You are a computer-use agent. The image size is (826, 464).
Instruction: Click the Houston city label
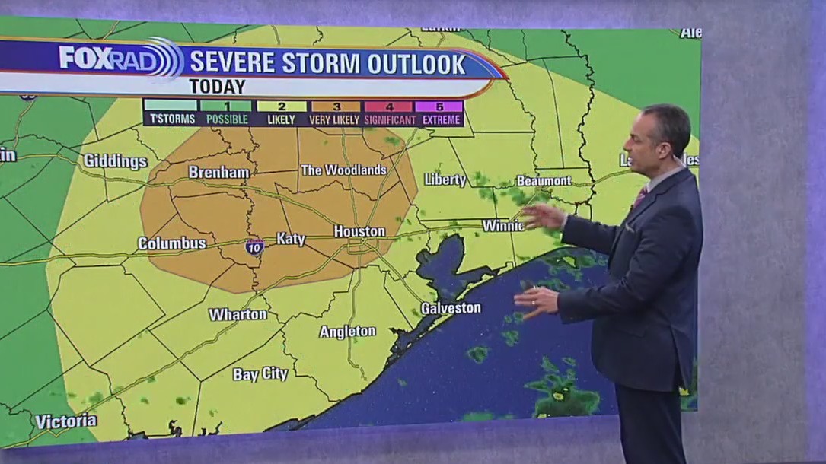[359, 231]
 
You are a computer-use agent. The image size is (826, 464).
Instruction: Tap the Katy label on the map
[290, 239]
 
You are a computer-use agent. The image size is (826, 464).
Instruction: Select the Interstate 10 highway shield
[255, 246]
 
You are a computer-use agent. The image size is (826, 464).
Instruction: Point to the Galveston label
[451, 308]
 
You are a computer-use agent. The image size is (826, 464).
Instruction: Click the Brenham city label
[219, 173]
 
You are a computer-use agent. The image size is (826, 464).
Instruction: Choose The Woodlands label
[343, 170]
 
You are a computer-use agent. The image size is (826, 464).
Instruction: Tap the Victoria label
[65, 421]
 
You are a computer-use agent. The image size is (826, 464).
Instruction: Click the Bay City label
[260, 374]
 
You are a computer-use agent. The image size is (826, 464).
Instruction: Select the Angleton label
[347, 332]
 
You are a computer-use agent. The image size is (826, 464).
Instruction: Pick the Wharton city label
[238, 314]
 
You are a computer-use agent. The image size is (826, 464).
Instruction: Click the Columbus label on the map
[172, 243]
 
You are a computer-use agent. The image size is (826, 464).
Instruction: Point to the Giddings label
[115, 161]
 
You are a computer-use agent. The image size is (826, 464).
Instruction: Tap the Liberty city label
[445, 180]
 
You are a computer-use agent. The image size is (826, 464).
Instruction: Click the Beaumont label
[544, 181]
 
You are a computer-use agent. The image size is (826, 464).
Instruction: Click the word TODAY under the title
[217, 87]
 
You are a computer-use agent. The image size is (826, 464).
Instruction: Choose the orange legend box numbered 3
[335, 107]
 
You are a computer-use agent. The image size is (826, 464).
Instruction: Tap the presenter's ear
[659, 141]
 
